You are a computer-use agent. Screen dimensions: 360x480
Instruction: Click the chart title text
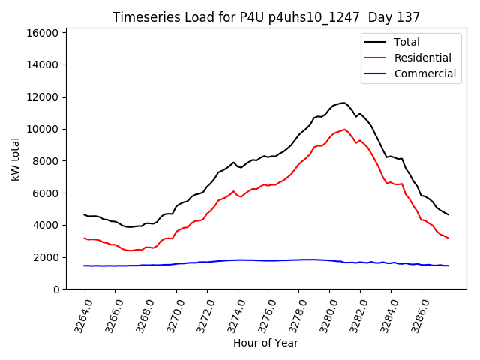266,17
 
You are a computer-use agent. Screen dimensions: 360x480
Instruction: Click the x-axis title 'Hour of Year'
265,343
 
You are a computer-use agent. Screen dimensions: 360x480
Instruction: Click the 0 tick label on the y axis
56,289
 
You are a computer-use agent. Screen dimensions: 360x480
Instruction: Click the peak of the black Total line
343,103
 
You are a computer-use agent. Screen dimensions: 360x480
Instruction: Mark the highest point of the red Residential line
344,129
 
